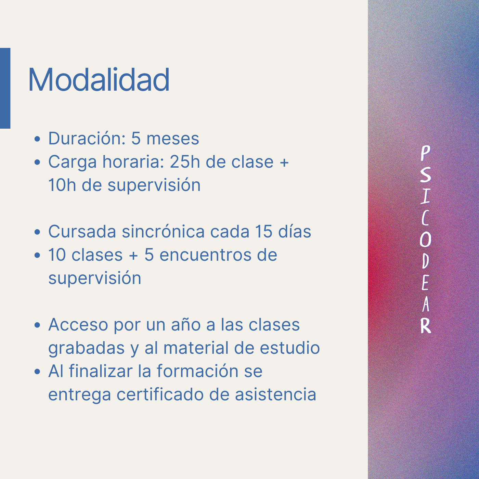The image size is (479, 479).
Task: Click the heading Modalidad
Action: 99,80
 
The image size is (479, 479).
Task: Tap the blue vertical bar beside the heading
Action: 5,88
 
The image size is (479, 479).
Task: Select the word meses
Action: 173,139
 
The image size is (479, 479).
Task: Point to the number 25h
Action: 185,161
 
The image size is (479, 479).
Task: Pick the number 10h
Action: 62,185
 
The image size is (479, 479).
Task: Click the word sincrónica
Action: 163,231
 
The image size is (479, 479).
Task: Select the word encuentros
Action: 206,255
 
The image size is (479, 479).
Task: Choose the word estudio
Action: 290,348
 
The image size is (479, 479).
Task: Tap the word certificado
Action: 160,394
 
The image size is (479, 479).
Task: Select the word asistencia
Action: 275,394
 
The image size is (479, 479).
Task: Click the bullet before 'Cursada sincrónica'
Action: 37,232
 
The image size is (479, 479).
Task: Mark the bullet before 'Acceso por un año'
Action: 37,325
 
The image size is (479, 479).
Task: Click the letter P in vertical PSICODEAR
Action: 425,153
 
